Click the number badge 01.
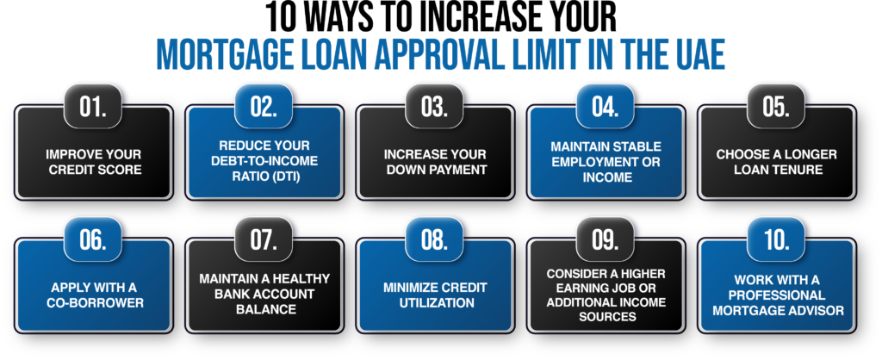pyautogui.click(x=93, y=107)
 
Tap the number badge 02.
pyautogui.click(x=264, y=107)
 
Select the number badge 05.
pyautogui.click(x=776, y=107)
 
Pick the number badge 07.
pyautogui.click(x=264, y=239)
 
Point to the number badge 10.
pyautogui.click(x=776, y=239)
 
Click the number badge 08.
pyautogui.click(x=435, y=239)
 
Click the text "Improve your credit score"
pyautogui.click(x=93, y=161)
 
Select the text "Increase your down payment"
pyautogui.click(x=435, y=161)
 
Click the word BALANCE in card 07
pyautogui.click(x=264, y=309)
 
